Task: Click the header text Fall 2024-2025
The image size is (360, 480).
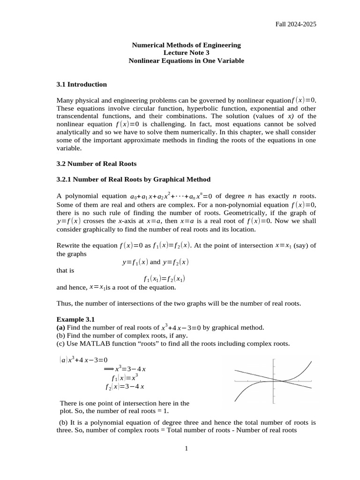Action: (x=295, y=24)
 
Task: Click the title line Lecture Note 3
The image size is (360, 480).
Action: (x=186, y=53)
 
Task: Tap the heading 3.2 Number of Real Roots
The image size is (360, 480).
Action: (x=96, y=164)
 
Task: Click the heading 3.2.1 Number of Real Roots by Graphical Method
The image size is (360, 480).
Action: (x=133, y=179)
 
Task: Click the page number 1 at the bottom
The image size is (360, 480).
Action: (x=186, y=449)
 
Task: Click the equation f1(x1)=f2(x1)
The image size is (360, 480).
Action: (x=164, y=279)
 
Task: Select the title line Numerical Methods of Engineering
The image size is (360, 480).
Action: (x=186, y=45)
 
